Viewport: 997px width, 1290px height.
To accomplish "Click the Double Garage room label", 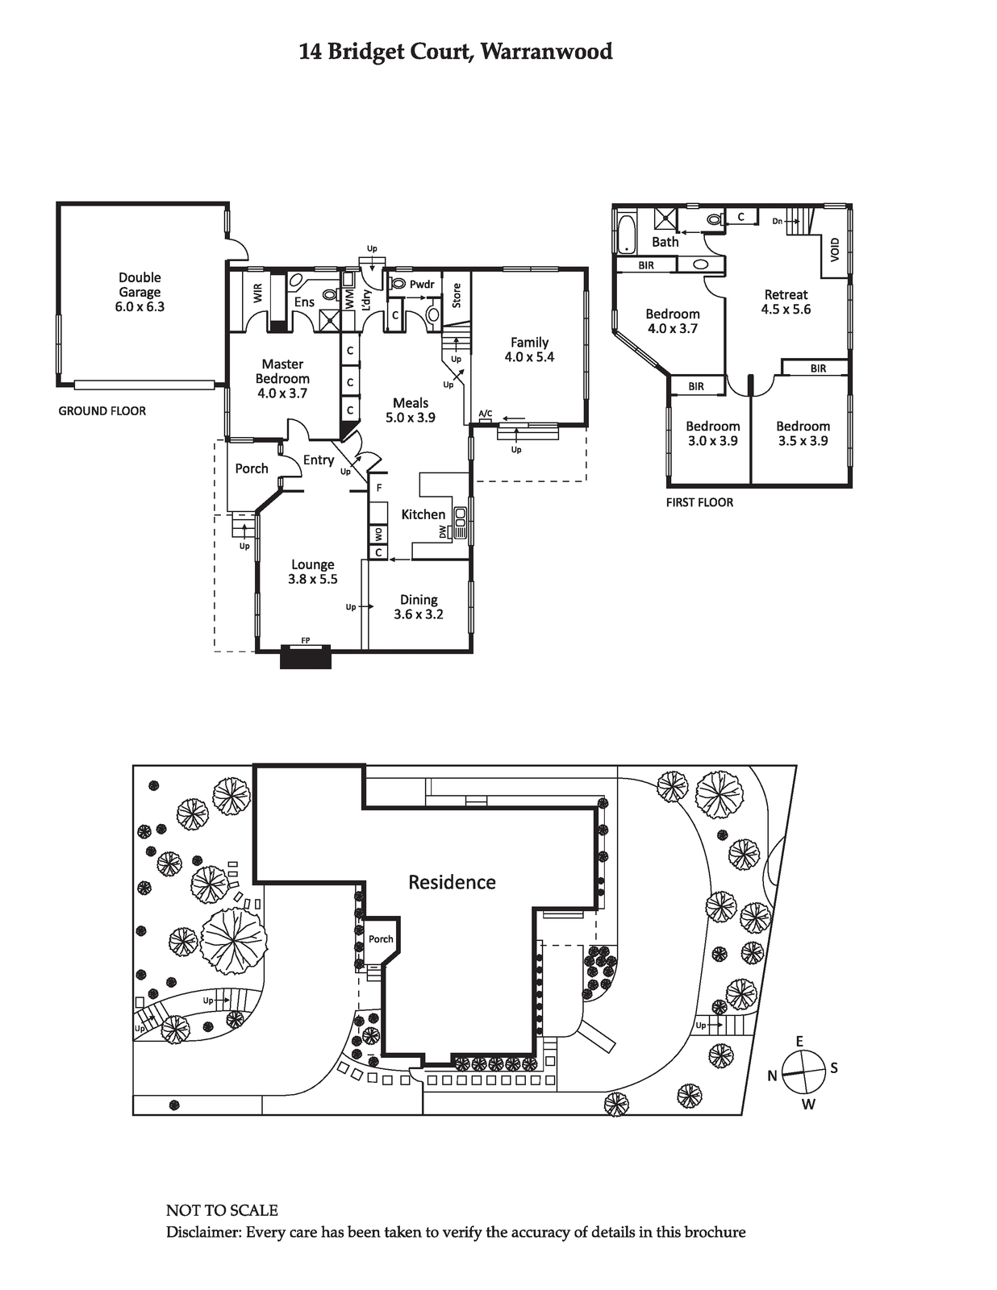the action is point(140,285).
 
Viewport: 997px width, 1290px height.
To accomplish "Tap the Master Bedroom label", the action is point(282,371).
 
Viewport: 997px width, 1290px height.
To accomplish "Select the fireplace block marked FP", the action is point(305,657).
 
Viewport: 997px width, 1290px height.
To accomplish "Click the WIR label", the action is point(257,293).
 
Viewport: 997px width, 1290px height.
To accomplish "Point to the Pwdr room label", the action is point(422,285).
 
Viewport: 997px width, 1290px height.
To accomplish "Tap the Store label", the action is point(457,296).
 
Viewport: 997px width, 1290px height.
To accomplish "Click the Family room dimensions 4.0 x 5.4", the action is point(529,357).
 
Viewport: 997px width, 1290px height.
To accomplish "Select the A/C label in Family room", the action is point(485,413).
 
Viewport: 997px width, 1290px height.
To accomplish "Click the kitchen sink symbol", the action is point(461,523).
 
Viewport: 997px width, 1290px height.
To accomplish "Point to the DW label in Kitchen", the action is point(443,532).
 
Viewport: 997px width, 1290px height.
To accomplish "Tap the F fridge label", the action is point(379,488).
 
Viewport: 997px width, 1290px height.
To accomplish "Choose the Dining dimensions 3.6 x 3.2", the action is point(419,614).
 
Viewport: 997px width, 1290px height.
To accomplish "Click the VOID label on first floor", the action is point(835,250).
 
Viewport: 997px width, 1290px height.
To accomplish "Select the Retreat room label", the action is point(786,294).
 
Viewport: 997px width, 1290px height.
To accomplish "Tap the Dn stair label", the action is point(778,222).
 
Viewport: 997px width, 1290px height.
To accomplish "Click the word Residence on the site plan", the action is point(452,882).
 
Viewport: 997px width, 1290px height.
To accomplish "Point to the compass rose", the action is point(803,1072).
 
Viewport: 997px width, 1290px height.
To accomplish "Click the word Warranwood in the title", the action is point(546,52).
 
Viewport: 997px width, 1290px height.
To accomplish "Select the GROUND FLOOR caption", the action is point(102,411).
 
